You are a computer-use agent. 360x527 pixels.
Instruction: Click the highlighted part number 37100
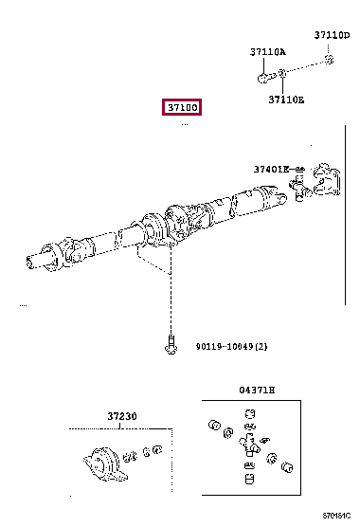(183, 108)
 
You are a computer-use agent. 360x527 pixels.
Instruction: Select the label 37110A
(268, 52)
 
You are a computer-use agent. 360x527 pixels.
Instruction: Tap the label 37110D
(332, 35)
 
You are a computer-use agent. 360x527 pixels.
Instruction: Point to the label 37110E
(286, 99)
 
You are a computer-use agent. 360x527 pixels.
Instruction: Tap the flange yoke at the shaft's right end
(326, 180)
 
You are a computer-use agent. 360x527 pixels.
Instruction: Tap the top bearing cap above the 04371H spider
(250, 413)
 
